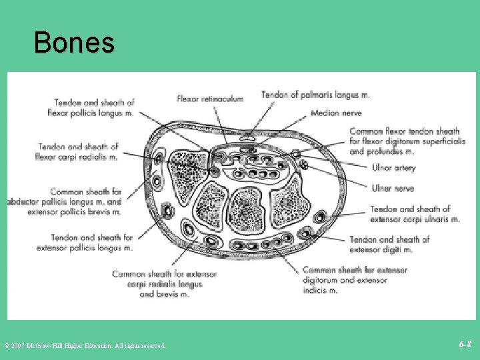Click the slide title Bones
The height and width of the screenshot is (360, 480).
click(74, 43)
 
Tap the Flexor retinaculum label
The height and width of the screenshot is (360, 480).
click(210, 99)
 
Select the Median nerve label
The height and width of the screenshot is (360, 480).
click(336, 113)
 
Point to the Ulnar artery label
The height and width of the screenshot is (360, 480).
click(393, 168)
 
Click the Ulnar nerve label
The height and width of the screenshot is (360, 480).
click(393, 189)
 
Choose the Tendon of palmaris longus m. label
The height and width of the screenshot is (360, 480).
click(315, 95)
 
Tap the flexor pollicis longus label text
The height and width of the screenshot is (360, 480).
click(91, 113)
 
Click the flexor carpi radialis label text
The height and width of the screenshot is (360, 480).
click(78, 157)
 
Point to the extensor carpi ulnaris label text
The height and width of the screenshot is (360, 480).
click(415, 219)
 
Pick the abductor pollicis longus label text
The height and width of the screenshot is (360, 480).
click(65, 202)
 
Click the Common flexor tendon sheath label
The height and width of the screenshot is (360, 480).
click(404, 131)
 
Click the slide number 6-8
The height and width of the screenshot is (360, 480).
click(465, 344)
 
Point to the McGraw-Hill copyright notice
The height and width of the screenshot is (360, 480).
click(85, 345)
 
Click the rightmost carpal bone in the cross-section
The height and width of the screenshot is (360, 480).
click(289, 199)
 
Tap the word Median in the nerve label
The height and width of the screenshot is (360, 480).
click(325, 113)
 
